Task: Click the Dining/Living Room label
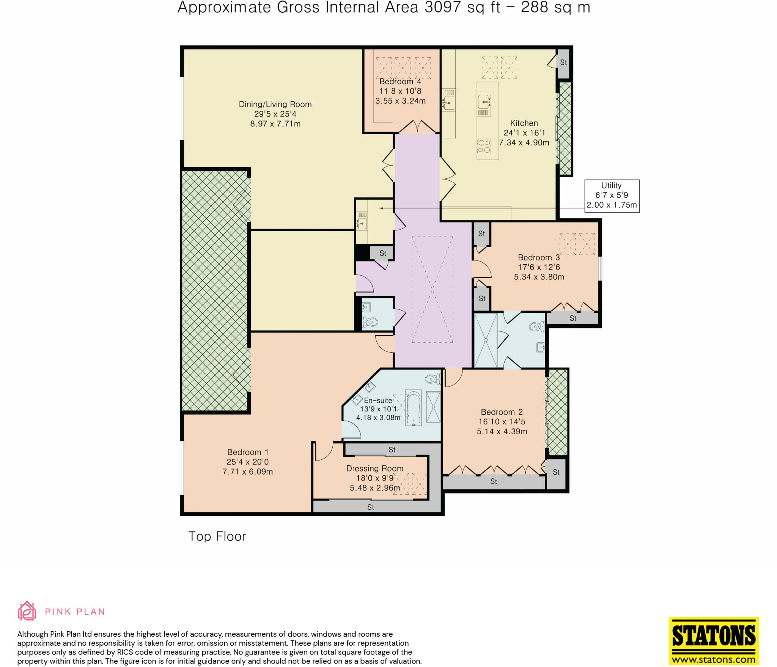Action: [x=275, y=104]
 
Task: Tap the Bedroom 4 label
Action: [x=400, y=82]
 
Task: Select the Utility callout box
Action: [x=612, y=196]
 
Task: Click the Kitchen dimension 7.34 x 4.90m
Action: [x=524, y=143]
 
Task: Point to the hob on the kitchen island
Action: [x=484, y=146]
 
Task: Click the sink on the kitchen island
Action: [x=484, y=101]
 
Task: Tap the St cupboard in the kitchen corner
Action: [x=563, y=63]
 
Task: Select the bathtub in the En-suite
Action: [x=413, y=407]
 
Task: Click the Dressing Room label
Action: [x=374, y=468]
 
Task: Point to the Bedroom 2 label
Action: [x=502, y=412]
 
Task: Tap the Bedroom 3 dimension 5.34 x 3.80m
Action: [x=539, y=277]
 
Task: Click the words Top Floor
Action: [x=217, y=536]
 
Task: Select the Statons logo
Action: [x=714, y=641]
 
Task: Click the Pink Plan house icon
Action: [x=27, y=611]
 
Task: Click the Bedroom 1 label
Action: [x=248, y=452]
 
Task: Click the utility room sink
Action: [x=362, y=223]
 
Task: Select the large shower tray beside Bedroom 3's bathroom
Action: [x=485, y=340]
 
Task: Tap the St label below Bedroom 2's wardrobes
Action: [x=493, y=481]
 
